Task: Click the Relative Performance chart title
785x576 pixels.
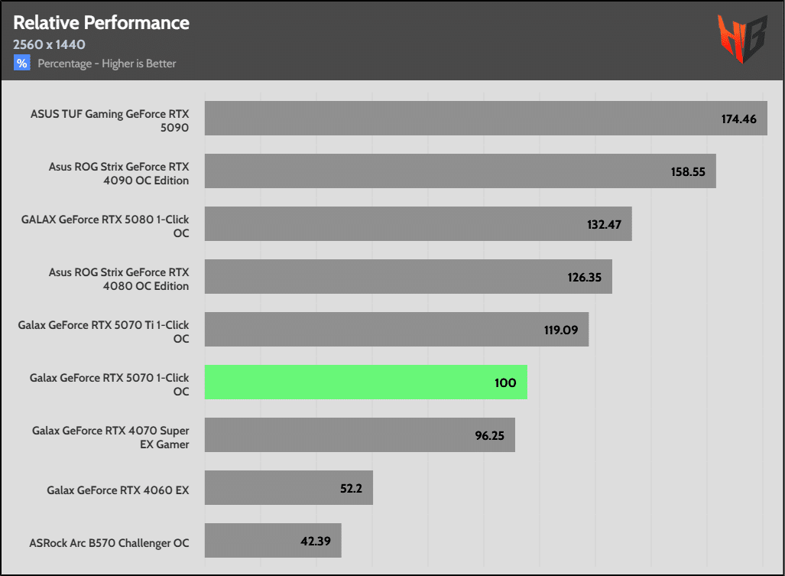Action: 101,22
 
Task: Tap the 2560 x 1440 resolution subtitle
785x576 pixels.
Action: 49,44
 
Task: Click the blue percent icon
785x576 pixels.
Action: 21,63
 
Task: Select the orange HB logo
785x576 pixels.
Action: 741,40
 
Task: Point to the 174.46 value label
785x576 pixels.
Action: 739,119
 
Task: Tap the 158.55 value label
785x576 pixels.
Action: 688,172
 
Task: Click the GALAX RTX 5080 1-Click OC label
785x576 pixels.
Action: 105,225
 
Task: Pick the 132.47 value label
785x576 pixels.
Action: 604,225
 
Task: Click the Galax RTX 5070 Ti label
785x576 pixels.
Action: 103,331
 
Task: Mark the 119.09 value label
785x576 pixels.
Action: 560,330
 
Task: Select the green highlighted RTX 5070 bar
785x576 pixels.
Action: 365,382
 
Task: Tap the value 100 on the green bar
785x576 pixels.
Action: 505,382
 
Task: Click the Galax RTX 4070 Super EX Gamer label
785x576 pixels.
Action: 110,437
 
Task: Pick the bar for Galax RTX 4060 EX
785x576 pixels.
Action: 288,487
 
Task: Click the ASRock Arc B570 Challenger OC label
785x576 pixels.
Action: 109,543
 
